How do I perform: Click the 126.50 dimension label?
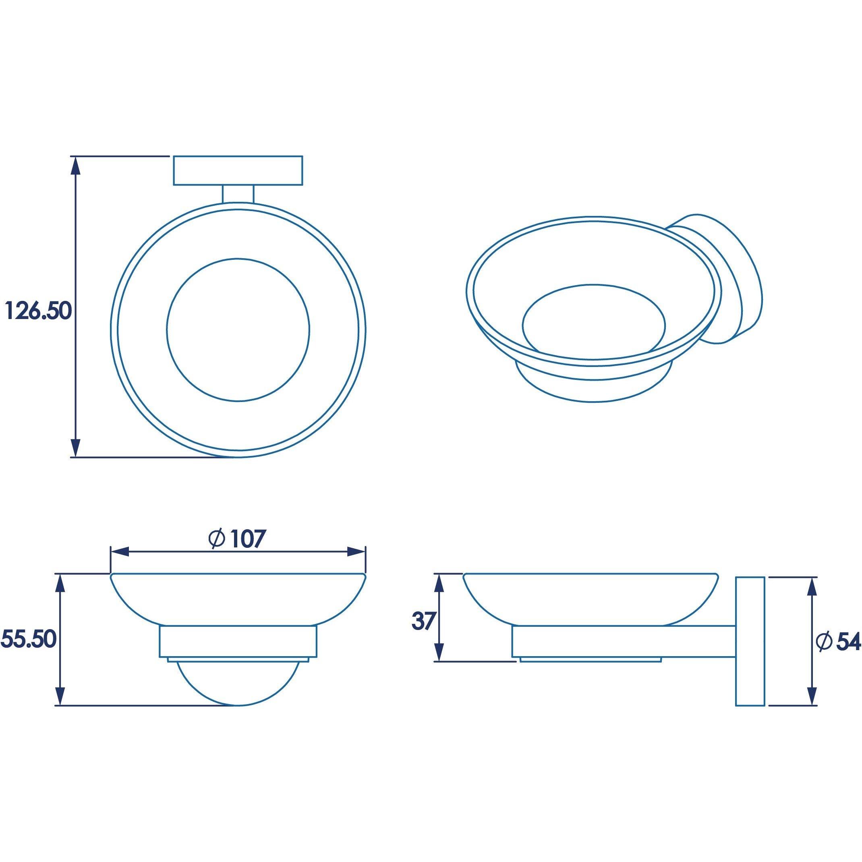pyautogui.click(x=38, y=311)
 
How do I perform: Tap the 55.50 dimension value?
pyautogui.click(x=29, y=639)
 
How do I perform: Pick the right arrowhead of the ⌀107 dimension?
pyautogui.click(x=356, y=552)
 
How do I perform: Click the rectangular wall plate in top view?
pyautogui.click(x=238, y=170)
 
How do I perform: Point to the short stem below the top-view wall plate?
pyautogui.click(x=238, y=194)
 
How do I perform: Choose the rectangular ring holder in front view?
pyautogui.click(x=238, y=642)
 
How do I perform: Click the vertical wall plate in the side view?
pyautogui.click(x=750, y=642)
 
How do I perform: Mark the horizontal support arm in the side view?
pyautogui.click(x=625, y=642)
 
